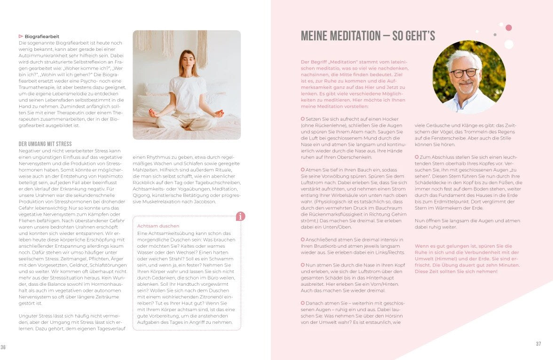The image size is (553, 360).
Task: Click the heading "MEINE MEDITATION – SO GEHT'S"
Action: (368, 36)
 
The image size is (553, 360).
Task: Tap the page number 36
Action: (3, 347)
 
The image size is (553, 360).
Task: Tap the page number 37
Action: (538, 344)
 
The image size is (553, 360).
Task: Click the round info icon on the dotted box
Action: (240, 216)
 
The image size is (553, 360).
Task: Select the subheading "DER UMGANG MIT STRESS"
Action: (45, 144)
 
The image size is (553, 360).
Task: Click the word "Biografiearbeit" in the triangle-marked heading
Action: (42, 36)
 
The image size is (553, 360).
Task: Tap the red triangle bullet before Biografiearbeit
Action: (21, 36)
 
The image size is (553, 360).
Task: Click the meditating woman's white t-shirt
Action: (187, 94)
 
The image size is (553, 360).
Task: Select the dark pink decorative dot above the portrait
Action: (508, 28)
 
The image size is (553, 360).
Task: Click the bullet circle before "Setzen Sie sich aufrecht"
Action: (303, 119)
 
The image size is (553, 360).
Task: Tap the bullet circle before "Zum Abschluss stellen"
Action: (417, 157)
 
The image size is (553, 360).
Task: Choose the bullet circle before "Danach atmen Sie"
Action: (303, 303)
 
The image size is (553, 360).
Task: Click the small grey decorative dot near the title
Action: (495, 35)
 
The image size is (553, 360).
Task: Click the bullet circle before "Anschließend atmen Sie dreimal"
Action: (303, 239)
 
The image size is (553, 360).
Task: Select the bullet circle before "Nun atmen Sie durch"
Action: (303, 265)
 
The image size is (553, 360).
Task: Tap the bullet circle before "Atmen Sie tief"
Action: (303, 170)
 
